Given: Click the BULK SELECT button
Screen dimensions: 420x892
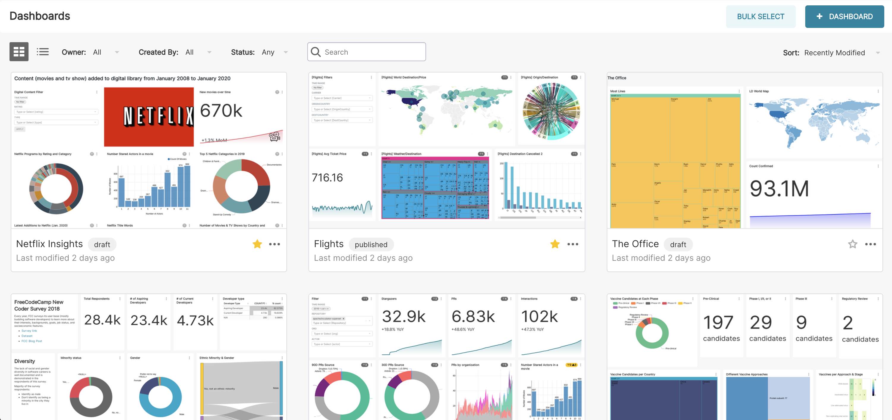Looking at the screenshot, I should click(x=760, y=17).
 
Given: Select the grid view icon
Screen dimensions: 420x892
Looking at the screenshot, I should click(x=19, y=52).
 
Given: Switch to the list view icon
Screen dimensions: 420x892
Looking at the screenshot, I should click(x=42, y=52).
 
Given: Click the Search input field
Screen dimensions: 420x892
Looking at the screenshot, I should click(x=371, y=52).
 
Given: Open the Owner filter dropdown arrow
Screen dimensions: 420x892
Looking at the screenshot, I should click(x=117, y=52).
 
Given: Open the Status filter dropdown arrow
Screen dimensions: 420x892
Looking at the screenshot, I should click(x=286, y=52).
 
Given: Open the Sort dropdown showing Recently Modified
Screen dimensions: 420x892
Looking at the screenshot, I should click(x=878, y=53).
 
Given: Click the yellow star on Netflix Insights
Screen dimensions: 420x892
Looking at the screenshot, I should click(x=257, y=244).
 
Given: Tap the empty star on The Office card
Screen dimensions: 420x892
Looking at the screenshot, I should click(x=852, y=244).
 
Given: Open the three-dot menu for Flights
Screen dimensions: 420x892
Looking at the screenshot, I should click(x=573, y=244).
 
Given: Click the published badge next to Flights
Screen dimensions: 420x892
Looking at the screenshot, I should click(x=371, y=244).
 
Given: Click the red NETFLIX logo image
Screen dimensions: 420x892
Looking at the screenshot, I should click(x=149, y=116).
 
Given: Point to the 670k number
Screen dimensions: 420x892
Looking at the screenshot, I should click(x=221, y=111).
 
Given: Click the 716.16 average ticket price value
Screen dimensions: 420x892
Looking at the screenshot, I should click(x=327, y=178).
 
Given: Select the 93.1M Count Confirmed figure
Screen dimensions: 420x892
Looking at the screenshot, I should click(x=779, y=189).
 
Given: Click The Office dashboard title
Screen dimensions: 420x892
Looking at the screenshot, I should click(x=635, y=244).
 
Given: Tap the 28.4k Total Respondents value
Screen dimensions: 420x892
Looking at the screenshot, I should click(x=102, y=320).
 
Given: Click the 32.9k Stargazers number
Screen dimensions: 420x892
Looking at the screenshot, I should click(x=404, y=316).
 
